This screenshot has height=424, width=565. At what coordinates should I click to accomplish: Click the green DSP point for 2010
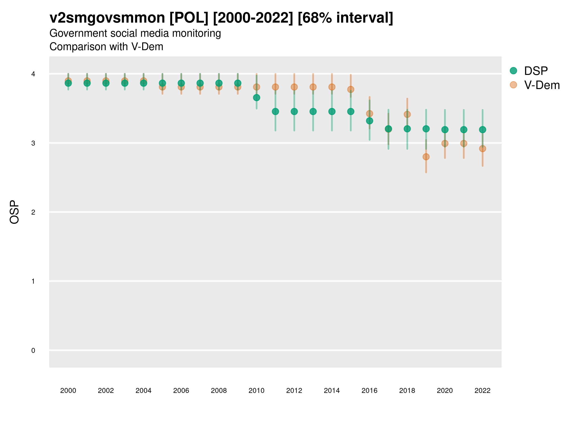(x=256, y=98)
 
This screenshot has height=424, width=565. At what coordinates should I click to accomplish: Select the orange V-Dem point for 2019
(x=426, y=157)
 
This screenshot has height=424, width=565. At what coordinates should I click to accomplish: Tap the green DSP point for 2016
(x=369, y=121)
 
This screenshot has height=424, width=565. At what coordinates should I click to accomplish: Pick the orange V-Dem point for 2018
(x=407, y=114)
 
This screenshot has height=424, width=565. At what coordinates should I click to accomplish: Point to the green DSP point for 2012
(x=294, y=111)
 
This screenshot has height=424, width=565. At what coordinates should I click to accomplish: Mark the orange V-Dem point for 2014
(x=332, y=87)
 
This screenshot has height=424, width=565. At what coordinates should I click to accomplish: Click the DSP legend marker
(x=513, y=70)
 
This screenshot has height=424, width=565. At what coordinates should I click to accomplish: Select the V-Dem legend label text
(x=542, y=85)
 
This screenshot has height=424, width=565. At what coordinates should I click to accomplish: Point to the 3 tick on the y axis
(x=33, y=143)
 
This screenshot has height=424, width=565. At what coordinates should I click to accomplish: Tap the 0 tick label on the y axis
(x=33, y=351)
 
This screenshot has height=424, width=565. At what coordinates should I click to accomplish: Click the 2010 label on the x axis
(x=256, y=391)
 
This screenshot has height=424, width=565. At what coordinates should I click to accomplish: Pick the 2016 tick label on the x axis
(x=369, y=391)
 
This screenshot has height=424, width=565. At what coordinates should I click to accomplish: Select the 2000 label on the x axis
(x=68, y=391)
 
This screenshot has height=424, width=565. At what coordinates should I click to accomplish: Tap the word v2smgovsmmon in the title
(x=107, y=18)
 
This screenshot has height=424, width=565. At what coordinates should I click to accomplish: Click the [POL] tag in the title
(x=189, y=18)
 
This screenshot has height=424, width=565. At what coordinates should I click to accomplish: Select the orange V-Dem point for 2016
(x=369, y=114)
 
